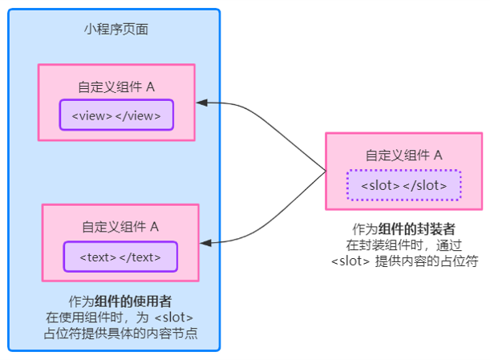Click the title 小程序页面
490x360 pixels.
pyautogui.click(x=115, y=30)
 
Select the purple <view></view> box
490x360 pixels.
pyautogui.click(x=116, y=115)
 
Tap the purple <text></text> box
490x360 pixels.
pyautogui.click(x=120, y=257)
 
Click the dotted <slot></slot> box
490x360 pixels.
pyautogui.click(x=403, y=185)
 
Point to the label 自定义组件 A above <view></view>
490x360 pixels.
pyautogui.click(x=116, y=87)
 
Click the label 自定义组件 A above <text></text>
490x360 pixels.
pyautogui.click(x=120, y=227)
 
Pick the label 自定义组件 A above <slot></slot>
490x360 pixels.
pyautogui.click(x=403, y=156)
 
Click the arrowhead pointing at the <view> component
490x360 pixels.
pyautogui.click(x=203, y=103)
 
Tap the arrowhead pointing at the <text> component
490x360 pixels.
pyautogui.click(x=206, y=241)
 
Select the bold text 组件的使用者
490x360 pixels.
pyautogui.click(x=133, y=301)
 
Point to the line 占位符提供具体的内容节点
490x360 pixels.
pyautogui.click(x=120, y=333)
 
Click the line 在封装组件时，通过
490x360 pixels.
pyautogui.click(x=403, y=245)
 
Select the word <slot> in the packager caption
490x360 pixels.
pyautogui.click(x=349, y=261)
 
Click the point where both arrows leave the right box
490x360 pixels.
pyautogui.click(x=326, y=171)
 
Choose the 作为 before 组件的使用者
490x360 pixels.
pyautogui.click(x=82, y=301)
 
